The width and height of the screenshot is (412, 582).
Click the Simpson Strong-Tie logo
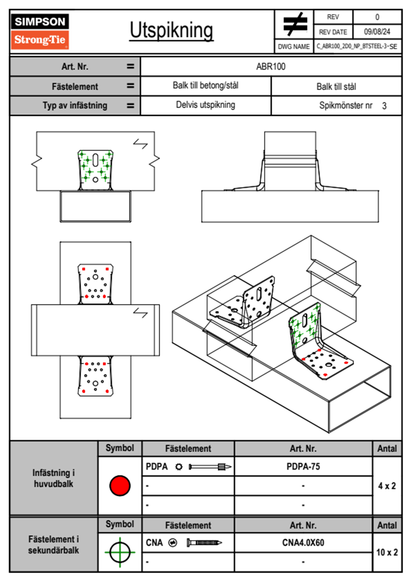(x=40, y=31)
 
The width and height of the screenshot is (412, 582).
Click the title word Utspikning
(x=171, y=30)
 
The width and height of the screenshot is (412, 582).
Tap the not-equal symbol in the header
(x=295, y=24)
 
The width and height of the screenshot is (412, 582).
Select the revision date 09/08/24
(x=377, y=32)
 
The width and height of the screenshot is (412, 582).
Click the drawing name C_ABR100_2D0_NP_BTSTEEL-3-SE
(x=357, y=46)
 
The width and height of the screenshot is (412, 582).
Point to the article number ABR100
(x=271, y=66)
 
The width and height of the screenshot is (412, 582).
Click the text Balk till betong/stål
(x=205, y=85)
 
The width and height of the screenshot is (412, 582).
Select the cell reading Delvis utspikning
(x=205, y=105)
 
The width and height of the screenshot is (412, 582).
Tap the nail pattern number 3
(x=384, y=106)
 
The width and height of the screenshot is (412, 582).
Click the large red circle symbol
(x=120, y=485)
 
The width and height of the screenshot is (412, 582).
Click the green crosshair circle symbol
(x=120, y=552)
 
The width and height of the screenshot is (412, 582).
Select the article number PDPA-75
(x=303, y=466)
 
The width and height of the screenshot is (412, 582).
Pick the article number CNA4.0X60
(x=303, y=543)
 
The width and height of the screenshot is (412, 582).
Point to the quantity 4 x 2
(x=387, y=486)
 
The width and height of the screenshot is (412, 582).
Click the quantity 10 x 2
(x=387, y=552)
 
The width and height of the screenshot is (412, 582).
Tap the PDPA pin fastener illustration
(x=210, y=467)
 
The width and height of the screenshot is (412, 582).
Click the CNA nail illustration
(x=204, y=543)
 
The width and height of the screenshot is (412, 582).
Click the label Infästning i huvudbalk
(x=53, y=478)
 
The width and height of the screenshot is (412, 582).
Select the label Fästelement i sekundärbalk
(x=53, y=545)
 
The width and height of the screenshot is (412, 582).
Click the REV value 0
(x=377, y=17)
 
